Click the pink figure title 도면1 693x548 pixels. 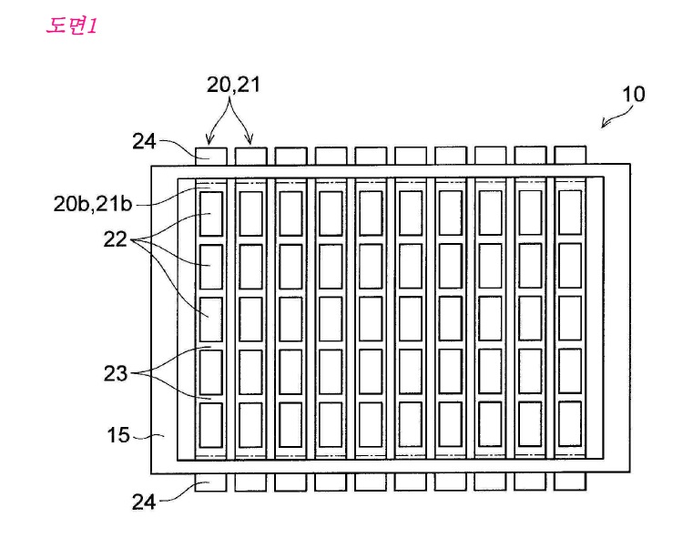[71, 25]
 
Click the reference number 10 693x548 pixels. [633, 94]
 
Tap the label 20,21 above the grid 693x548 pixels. [233, 85]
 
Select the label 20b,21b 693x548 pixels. [93, 204]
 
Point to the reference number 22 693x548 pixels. [115, 239]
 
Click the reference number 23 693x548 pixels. [116, 373]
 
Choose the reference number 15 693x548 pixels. [118, 435]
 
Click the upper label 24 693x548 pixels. [144, 141]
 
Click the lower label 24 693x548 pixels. [144, 502]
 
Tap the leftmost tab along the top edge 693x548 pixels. [211, 157]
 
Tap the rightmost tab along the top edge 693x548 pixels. [570, 155]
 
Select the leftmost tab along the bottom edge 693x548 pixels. [211, 482]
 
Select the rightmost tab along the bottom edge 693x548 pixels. [570, 482]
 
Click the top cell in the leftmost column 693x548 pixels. [211, 214]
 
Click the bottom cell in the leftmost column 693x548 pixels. [211, 425]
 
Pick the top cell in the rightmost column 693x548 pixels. [570, 213]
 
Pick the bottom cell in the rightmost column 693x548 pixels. [570, 424]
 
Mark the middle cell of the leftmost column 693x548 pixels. [211, 320]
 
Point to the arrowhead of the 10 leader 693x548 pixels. [603, 127]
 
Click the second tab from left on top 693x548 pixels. [251, 157]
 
